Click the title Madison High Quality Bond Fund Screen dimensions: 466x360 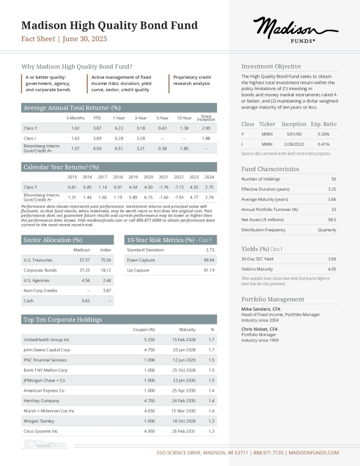[109, 25]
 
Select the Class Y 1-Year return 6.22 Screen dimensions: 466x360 [119, 128]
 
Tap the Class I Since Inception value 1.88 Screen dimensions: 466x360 [206, 138]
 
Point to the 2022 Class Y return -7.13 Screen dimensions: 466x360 [179, 187]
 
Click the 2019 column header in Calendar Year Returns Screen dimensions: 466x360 [133, 177]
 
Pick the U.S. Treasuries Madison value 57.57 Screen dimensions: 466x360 [85, 260]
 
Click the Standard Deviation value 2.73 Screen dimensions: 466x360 [210, 249]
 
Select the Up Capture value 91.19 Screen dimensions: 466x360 [209, 270]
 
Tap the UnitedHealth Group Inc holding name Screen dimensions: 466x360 [46, 340]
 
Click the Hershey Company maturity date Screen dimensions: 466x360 [183, 401]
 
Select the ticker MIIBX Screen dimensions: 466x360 [267, 134]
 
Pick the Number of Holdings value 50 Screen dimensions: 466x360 [334, 178]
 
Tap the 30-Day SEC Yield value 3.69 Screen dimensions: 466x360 [332, 258]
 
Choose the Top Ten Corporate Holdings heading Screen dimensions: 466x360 [62, 320]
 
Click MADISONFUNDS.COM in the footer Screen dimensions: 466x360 [317, 452]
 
